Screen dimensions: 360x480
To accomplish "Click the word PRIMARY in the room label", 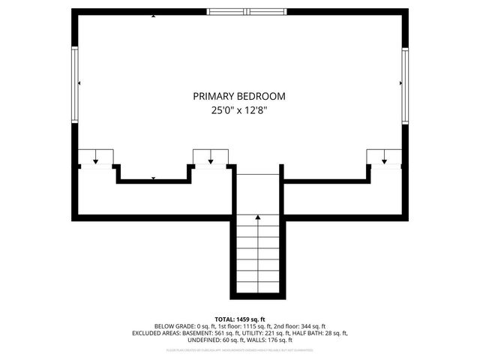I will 214,97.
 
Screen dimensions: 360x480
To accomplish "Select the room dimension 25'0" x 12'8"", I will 239,110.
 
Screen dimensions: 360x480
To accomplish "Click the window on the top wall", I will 248,11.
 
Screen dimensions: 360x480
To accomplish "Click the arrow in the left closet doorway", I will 96,159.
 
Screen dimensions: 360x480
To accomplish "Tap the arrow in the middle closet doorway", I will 211,159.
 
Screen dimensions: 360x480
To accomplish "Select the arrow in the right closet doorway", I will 384,159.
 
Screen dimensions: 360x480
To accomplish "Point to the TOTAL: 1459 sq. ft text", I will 240,319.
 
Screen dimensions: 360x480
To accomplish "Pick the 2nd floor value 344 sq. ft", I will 310,326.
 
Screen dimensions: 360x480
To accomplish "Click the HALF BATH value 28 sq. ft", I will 334,333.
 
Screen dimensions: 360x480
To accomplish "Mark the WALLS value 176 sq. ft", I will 267,340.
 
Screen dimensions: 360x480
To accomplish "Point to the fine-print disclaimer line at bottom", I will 240,349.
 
